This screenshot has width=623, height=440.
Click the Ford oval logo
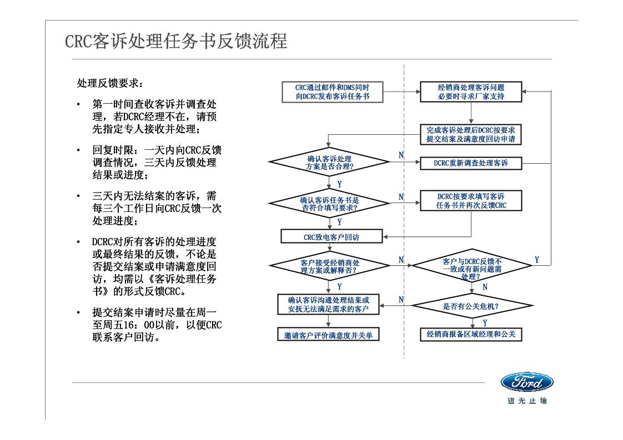pos(526,382)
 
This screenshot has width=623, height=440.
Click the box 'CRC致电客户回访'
pos(331,237)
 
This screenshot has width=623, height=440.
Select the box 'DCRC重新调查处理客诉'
pos(471,163)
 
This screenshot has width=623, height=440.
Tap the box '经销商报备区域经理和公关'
pos(471,334)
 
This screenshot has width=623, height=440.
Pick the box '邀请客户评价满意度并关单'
pos(328,335)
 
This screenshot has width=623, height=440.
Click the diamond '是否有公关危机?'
pos(471,306)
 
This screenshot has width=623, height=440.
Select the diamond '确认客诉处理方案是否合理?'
pos(331,163)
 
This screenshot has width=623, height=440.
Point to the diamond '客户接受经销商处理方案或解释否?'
pos(331,266)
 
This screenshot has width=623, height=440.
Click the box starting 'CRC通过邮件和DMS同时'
pos(331,92)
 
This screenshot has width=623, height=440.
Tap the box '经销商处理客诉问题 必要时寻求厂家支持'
pos(471,92)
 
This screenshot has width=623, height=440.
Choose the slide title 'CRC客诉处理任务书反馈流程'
pos(176,42)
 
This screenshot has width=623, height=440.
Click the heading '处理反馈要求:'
pos(109,83)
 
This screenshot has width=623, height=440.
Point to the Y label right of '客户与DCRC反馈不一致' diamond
pos(537,260)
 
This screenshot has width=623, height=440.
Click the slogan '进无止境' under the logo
pos(526,401)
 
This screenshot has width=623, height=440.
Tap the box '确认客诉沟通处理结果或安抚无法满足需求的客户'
pos(328,304)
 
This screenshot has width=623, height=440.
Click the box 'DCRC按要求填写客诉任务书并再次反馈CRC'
pos(471,201)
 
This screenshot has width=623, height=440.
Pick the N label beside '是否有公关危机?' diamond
pos(401,300)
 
